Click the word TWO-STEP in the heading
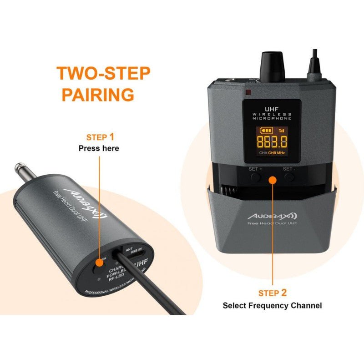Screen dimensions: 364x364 103,74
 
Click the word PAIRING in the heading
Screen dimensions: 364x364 98,95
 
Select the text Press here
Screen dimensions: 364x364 99,148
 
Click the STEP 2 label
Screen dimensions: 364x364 273,293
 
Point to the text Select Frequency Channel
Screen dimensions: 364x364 272,306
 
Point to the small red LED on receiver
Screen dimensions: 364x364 248,93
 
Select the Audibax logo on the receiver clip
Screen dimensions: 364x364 273,214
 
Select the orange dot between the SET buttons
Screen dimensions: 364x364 272,179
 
